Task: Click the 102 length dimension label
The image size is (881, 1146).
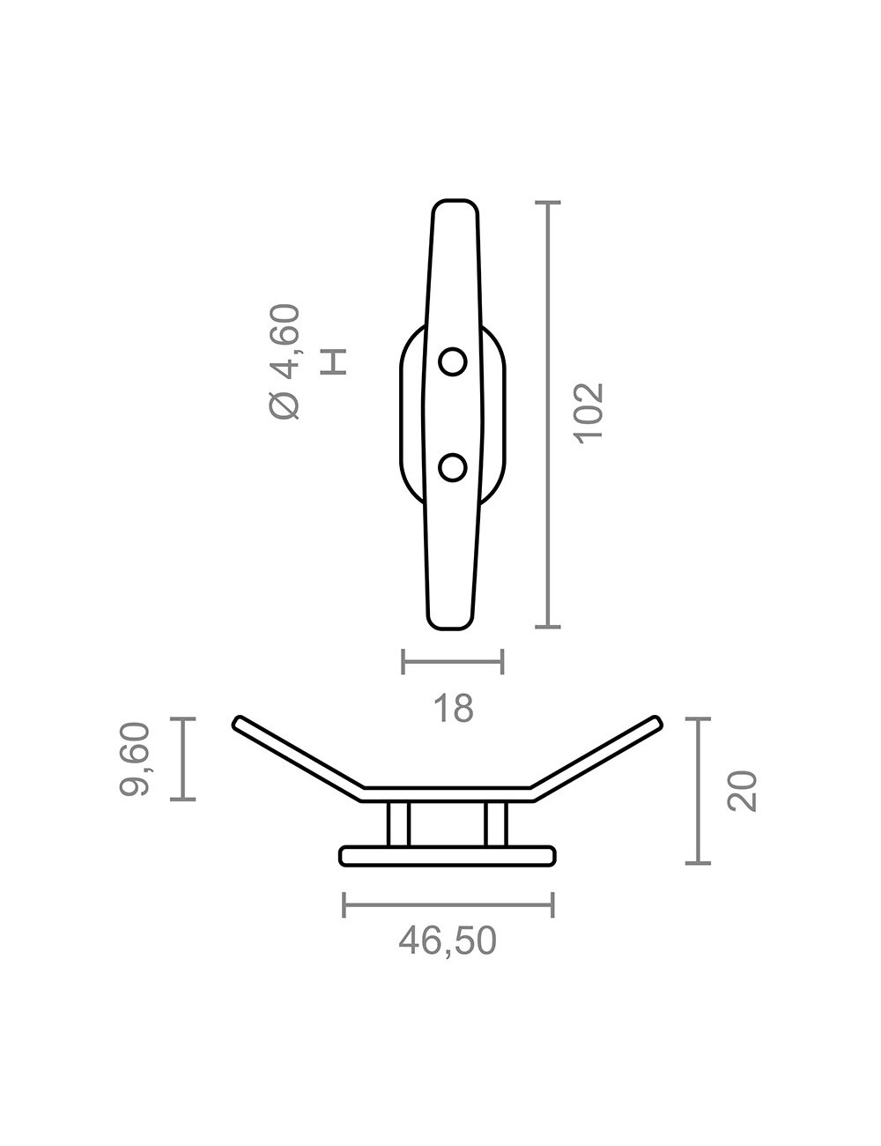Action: [588, 413]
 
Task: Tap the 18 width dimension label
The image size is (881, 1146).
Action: [454, 708]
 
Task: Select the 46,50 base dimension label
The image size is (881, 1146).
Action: [448, 941]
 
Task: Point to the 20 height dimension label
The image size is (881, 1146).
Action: [742, 790]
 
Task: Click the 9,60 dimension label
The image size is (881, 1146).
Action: [137, 759]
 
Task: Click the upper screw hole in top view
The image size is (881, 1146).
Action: [453, 361]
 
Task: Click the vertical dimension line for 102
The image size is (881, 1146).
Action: [548, 414]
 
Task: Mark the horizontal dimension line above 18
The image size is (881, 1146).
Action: [452, 661]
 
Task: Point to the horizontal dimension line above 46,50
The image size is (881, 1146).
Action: [448, 904]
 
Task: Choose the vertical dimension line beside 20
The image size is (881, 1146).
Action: [698, 791]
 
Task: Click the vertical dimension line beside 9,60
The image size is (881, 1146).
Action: [182, 759]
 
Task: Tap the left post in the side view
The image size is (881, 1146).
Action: [398, 824]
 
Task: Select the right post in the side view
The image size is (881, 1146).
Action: [495, 824]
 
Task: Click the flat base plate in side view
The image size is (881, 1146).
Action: [448, 855]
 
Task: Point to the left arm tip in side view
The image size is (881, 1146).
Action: [239, 724]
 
